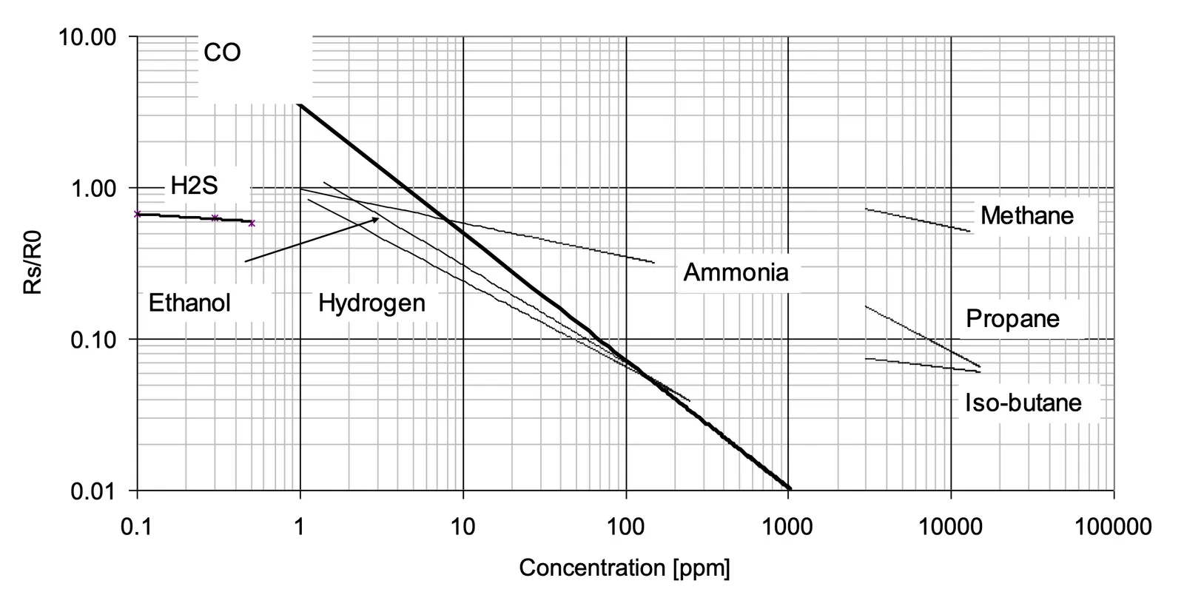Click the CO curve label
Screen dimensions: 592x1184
222,53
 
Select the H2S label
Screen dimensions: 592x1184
194,186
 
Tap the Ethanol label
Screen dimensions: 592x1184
189,303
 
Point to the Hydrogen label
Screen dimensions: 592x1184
371,303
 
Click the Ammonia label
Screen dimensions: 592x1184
736,272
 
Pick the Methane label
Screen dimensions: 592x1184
1026,216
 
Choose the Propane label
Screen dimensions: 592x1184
1012,319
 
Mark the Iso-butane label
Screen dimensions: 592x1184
1023,403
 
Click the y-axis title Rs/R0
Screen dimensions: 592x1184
34,263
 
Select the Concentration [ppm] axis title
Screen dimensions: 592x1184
624,568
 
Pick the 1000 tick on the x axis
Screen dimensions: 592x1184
787,527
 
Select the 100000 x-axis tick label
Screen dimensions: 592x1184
1113,527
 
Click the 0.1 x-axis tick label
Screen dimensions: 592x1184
137,527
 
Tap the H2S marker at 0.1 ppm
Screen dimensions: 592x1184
137,214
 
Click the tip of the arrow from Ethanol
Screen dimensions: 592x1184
379,218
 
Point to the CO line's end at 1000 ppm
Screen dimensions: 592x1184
790,488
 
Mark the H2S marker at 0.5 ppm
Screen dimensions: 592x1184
252,223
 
